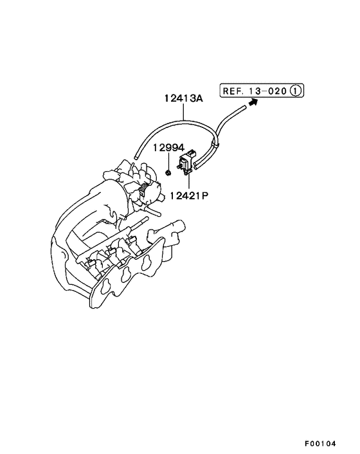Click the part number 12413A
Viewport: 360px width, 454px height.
pyautogui.click(x=184, y=98)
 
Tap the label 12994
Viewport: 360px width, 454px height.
pyautogui.click(x=168, y=148)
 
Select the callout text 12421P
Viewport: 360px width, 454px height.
pyautogui.click(x=189, y=196)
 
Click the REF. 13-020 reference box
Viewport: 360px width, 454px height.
pyautogui.click(x=262, y=91)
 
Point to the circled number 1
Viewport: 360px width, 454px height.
pyautogui.click(x=296, y=91)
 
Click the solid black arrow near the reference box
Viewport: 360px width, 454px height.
pyautogui.click(x=253, y=102)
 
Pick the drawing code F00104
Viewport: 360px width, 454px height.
pyautogui.click(x=320, y=443)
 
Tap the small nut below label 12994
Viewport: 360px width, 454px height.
pyautogui.click(x=168, y=173)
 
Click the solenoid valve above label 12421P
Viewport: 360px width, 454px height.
pyautogui.click(x=186, y=161)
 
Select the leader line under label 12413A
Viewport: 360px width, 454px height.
pyautogui.click(x=184, y=111)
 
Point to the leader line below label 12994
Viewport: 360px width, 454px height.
pyautogui.click(x=168, y=161)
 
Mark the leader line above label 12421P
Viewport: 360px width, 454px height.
pyautogui.click(x=189, y=183)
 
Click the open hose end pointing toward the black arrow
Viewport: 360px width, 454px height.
pyautogui.click(x=244, y=107)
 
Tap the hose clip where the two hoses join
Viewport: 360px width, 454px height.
pyautogui.click(x=215, y=144)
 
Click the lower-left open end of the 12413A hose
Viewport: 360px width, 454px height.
pyautogui.click(x=136, y=158)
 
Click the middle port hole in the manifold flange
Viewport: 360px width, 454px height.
pyautogui.click(x=126, y=273)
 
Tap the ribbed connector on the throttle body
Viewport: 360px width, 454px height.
pyautogui.click(x=143, y=190)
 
